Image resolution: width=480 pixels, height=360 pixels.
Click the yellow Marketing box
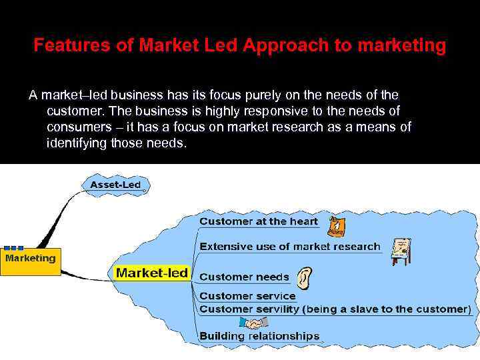pos(31,260)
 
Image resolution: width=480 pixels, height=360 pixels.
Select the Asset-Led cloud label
pos(115,184)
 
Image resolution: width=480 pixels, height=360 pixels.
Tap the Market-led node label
pos(152,273)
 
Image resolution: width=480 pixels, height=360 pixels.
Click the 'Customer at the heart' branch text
pos(259,221)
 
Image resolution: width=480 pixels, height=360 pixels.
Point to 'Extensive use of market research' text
pos(290,247)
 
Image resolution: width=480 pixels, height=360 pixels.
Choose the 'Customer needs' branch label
pos(244,277)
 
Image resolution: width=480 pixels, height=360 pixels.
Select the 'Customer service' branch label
pos(247,296)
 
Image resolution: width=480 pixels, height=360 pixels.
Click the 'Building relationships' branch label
pos(259,336)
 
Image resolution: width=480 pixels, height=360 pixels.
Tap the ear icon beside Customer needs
pos(303,277)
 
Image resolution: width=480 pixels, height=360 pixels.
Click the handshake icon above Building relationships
pos(253,323)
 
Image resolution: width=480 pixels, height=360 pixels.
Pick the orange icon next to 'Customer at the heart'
pos(337,226)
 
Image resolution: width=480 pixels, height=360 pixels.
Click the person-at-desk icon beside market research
pos(401,251)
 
